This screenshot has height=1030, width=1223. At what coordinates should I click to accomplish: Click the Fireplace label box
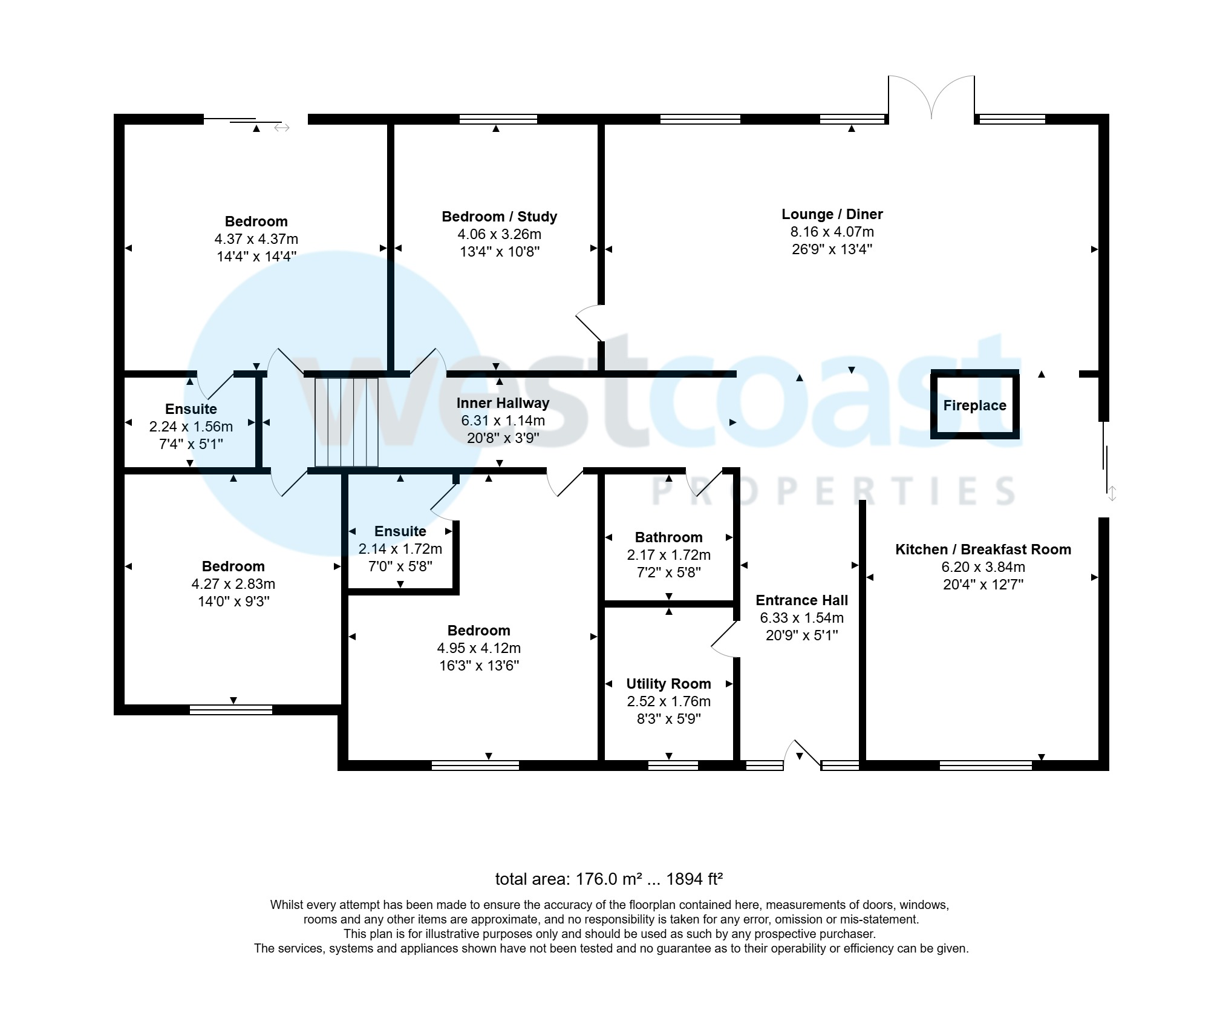pyautogui.click(x=974, y=405)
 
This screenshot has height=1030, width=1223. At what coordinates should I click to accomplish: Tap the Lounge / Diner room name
pyautogui.click(x=832, y=214)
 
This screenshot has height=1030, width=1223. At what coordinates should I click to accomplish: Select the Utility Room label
pyautogui.click(x=668, y=684)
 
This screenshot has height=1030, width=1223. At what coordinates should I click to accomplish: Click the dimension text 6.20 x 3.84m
pyautogui.click(x=983, y=567)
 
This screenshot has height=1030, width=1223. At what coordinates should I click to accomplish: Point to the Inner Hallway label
pyautogui.click(x=503, y=403)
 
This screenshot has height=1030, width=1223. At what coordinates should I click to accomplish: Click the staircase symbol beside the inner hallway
pyautogui.click(x=347, y=422)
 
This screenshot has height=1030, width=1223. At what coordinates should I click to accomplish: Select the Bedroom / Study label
pyautogui.click(x=499, y=217)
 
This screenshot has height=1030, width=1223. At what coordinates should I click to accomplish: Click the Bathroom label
pyautogui.click(x=668, y=537)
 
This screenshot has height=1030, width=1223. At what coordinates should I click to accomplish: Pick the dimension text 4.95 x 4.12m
pyautogui.click(x=478, y=648)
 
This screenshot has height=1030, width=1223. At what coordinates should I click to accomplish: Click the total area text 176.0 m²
pyautogui.click(x=608, y=879)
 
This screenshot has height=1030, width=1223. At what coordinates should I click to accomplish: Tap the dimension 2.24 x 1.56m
pyautogui.click(x=191, y=427)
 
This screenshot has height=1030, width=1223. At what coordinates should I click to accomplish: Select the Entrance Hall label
pyautogui.click(x=801, y=600)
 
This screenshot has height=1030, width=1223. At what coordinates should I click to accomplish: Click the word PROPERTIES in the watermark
pyautogui.click(x=832, y=491)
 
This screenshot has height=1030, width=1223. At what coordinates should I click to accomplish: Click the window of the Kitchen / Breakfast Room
pyautogui.click(x=985, y=765)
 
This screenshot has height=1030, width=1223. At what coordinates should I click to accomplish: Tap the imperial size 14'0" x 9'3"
pyautogui.click(x=233, y=602)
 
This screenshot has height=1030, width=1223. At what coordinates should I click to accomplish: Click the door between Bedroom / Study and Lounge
pyautogui.click(x=589, y=323)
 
